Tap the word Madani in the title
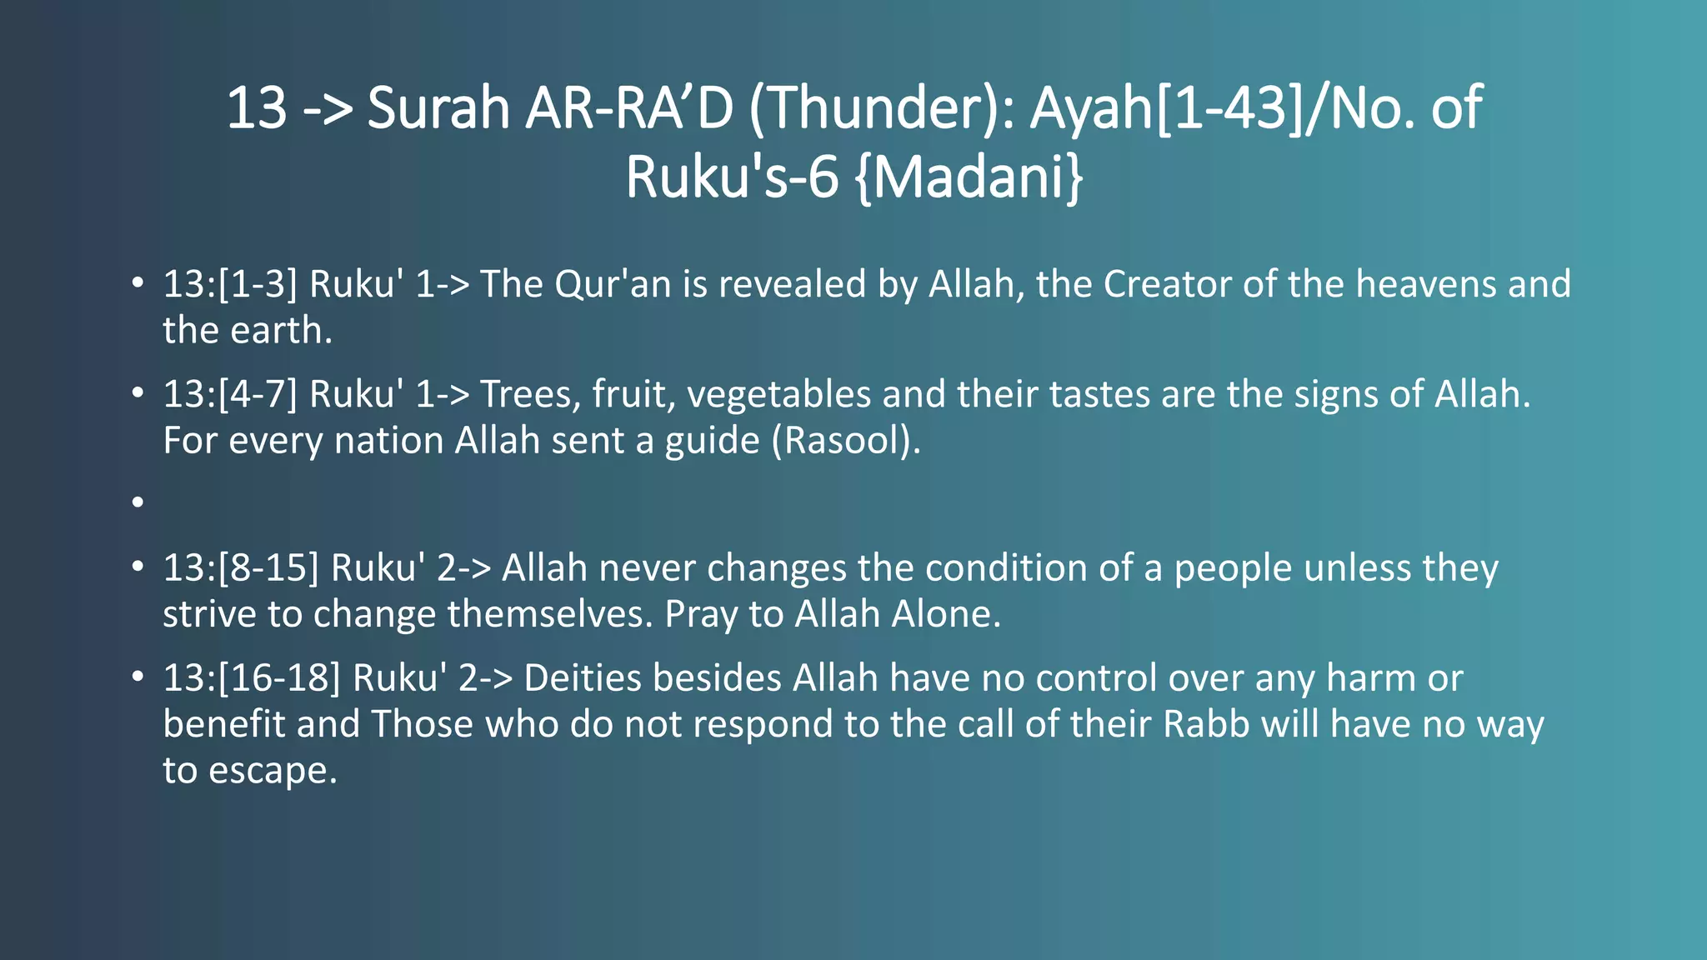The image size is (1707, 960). click(969, 177)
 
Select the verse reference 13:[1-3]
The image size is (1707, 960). click(230, 284)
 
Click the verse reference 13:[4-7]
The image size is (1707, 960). click(230, 394)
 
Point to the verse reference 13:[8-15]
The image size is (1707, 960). click(241, 568)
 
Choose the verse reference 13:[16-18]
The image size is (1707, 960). click(252, 678)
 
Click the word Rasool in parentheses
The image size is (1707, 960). click(845, 441)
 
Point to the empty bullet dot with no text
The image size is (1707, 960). click(138, 502)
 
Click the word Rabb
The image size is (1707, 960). click(1206, 724)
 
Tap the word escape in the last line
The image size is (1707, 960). click(273, 771)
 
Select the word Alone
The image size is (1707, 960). click(946, 615)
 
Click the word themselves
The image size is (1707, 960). click(550, 615)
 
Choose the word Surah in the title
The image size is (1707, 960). click(438, 109)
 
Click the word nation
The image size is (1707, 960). click(388, 441)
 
